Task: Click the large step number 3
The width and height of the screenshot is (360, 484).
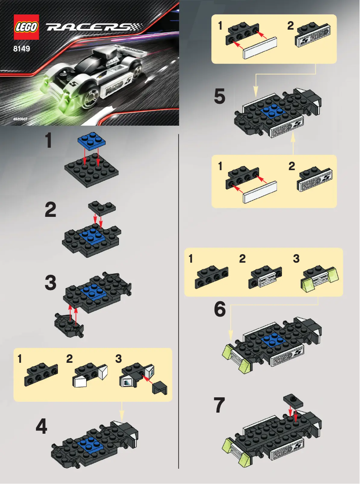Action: pos(51,283)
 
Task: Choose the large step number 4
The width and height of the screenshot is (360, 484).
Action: pos(41,427)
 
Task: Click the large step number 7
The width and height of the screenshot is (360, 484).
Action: pos(220,406)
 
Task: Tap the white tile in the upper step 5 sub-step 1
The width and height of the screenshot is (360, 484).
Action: pos(260,48)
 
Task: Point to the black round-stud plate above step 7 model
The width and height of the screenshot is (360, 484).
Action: pos(294,400)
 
